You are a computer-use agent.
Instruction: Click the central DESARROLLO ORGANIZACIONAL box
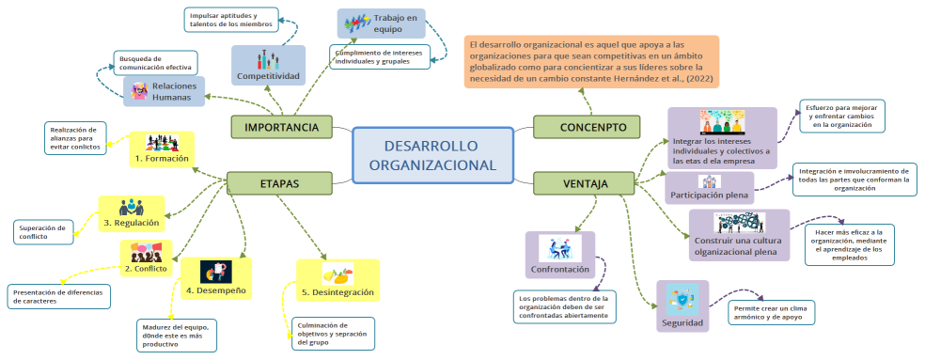(x=432, y=155)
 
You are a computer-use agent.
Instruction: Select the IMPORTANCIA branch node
(x=281, y=127)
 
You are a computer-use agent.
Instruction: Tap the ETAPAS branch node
(x=279, y=183)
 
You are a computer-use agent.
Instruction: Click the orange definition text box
(x=591, y=62)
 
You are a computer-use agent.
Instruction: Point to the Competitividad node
(x=268, y=66)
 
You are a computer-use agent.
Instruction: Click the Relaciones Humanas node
(x=164, y=91)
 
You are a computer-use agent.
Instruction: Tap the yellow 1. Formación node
(x=161, y=149)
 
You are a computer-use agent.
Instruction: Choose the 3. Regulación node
(x=132, y=213)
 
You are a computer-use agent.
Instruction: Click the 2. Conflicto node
(x=146, y=258)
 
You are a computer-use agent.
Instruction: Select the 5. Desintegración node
(x=337, y=281)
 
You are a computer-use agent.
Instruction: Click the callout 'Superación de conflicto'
(x=42, y=231)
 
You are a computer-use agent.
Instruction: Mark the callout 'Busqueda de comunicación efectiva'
(x=155, y=62)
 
